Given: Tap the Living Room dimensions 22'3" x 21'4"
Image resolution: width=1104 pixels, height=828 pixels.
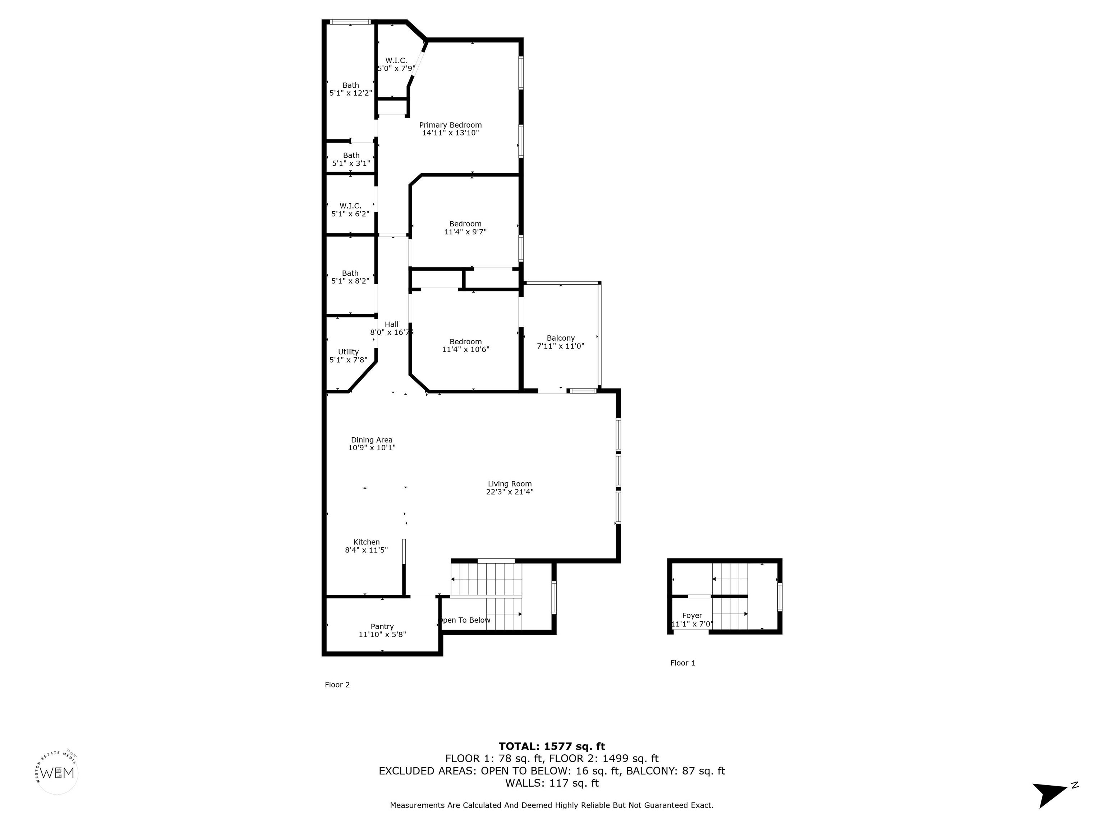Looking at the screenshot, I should click(510, 492).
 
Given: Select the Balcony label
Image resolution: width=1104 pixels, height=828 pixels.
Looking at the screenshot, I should click(561, 338).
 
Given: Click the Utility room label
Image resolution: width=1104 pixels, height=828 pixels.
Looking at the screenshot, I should click(348, 352).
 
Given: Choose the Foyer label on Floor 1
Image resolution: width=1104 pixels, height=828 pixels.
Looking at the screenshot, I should click(692, 615).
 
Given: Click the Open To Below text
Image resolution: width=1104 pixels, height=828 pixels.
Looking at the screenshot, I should click(464, 620).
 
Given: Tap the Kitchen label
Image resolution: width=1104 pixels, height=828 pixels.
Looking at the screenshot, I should click(366, 542).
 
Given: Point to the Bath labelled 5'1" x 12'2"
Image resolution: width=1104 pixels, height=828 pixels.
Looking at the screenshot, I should click(350, 89).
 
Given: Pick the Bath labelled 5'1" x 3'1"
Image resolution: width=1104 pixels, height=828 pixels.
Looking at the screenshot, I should click(351, 159).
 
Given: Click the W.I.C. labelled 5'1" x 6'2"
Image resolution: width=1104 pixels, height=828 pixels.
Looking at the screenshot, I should click(350, 210).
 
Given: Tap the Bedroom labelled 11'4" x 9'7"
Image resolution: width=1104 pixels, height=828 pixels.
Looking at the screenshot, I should click(465, 227).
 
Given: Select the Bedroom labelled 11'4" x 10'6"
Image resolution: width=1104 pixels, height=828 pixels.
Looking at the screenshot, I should click(465, 345).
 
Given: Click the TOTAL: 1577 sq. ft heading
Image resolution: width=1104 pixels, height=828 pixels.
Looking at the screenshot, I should click(552, 746).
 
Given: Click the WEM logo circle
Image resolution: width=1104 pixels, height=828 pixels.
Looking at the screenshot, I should click(57, 773).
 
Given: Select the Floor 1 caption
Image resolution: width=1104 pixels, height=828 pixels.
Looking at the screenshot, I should click(682, 663).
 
